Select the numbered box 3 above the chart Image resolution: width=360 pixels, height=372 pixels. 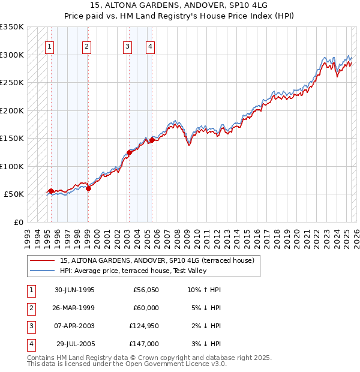pyautogui.click(x=128, y=47)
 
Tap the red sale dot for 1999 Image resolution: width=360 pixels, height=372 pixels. pyautogui.click(x=88, y=188)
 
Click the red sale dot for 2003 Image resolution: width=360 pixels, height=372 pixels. pyautogui.click(x=129, y=152)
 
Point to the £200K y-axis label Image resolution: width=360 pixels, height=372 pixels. pyautogui.click(x=11, y=110)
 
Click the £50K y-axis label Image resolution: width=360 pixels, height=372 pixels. pyautogui.click(x=14, y=194)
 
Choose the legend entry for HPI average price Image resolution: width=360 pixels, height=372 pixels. pyautogui.click(x=133, y=271)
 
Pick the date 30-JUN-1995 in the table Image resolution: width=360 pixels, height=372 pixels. pyautogui.click(x=74, y=289)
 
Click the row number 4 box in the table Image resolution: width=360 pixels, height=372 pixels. pyautogui.click(x=31, y=344)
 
